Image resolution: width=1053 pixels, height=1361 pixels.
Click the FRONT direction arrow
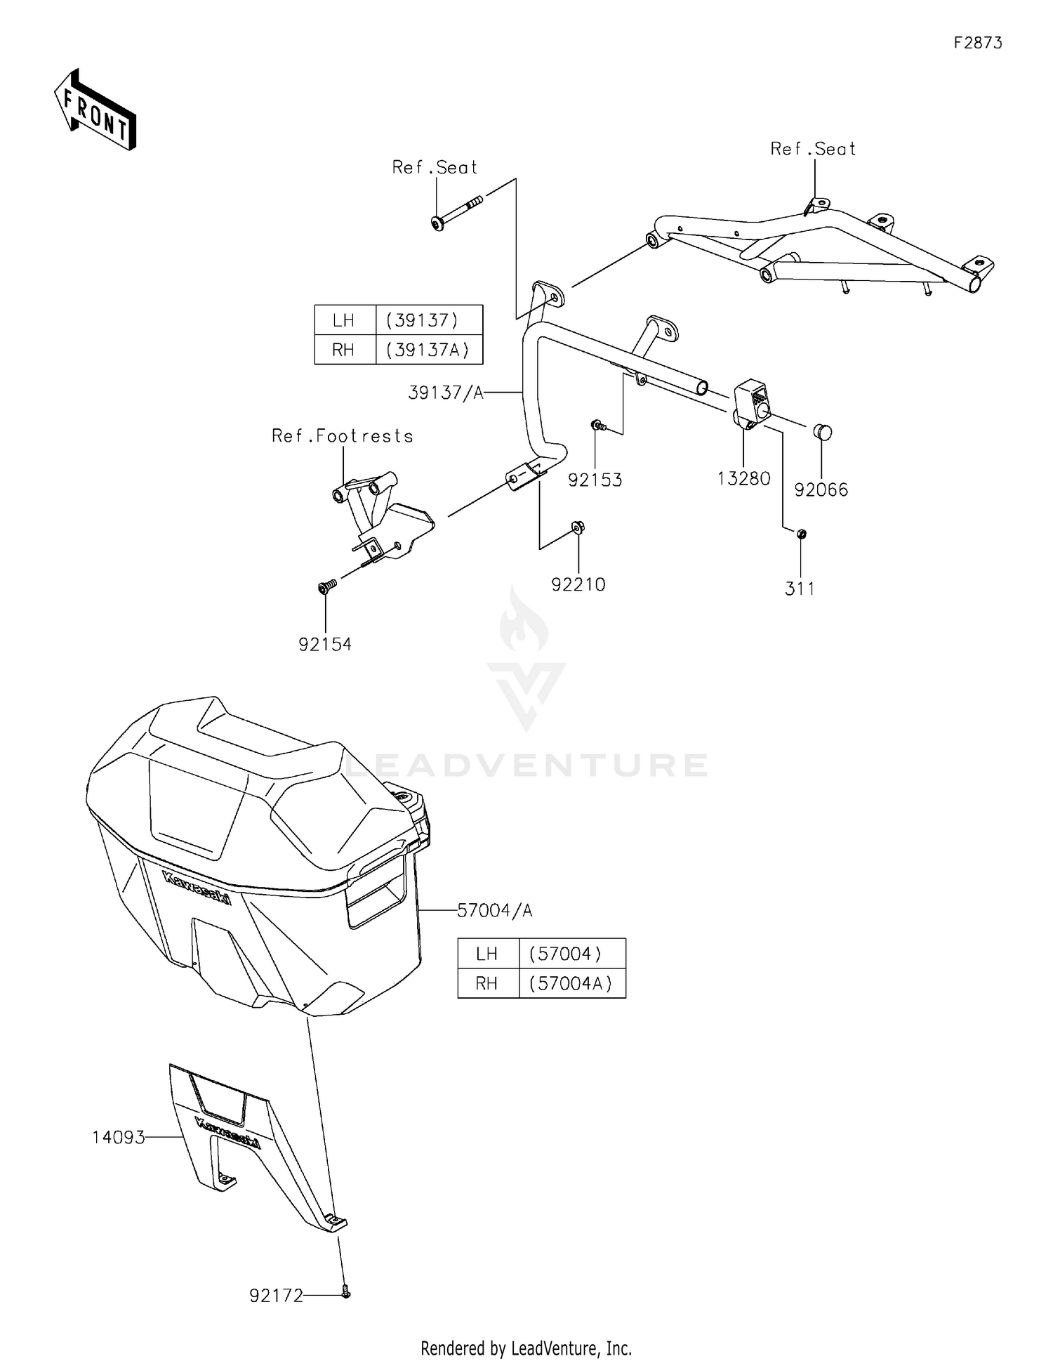tap(95, 110)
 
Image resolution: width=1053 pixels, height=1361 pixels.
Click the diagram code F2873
tap(978, 43)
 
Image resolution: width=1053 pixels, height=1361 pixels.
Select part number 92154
tap(325, 644)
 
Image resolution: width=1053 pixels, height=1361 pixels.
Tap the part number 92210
tap(578, 584)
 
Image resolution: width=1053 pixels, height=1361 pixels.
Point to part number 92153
tap(595, 480)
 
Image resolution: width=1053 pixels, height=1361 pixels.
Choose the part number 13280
tap(744, 479)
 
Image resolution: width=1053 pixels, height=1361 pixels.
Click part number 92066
tap(821, 490)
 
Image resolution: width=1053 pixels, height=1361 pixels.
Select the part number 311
tap(800, 589)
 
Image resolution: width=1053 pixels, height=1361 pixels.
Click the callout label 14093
tap(119, 1137)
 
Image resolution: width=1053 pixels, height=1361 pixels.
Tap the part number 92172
tap(277, 1296)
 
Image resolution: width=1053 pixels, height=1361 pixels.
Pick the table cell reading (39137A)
tap(428, 350)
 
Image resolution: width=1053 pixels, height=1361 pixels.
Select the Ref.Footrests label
tap(343, 436)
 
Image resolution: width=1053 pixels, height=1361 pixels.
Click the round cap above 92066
tap(823, 432)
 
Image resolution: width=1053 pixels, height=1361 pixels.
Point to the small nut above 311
tap(802, 534)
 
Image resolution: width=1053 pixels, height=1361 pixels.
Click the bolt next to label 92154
tap(327, 586)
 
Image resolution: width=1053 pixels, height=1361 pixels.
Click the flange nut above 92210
tap(578, 527)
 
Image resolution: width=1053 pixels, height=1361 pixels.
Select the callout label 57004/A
tap(495, 911)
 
